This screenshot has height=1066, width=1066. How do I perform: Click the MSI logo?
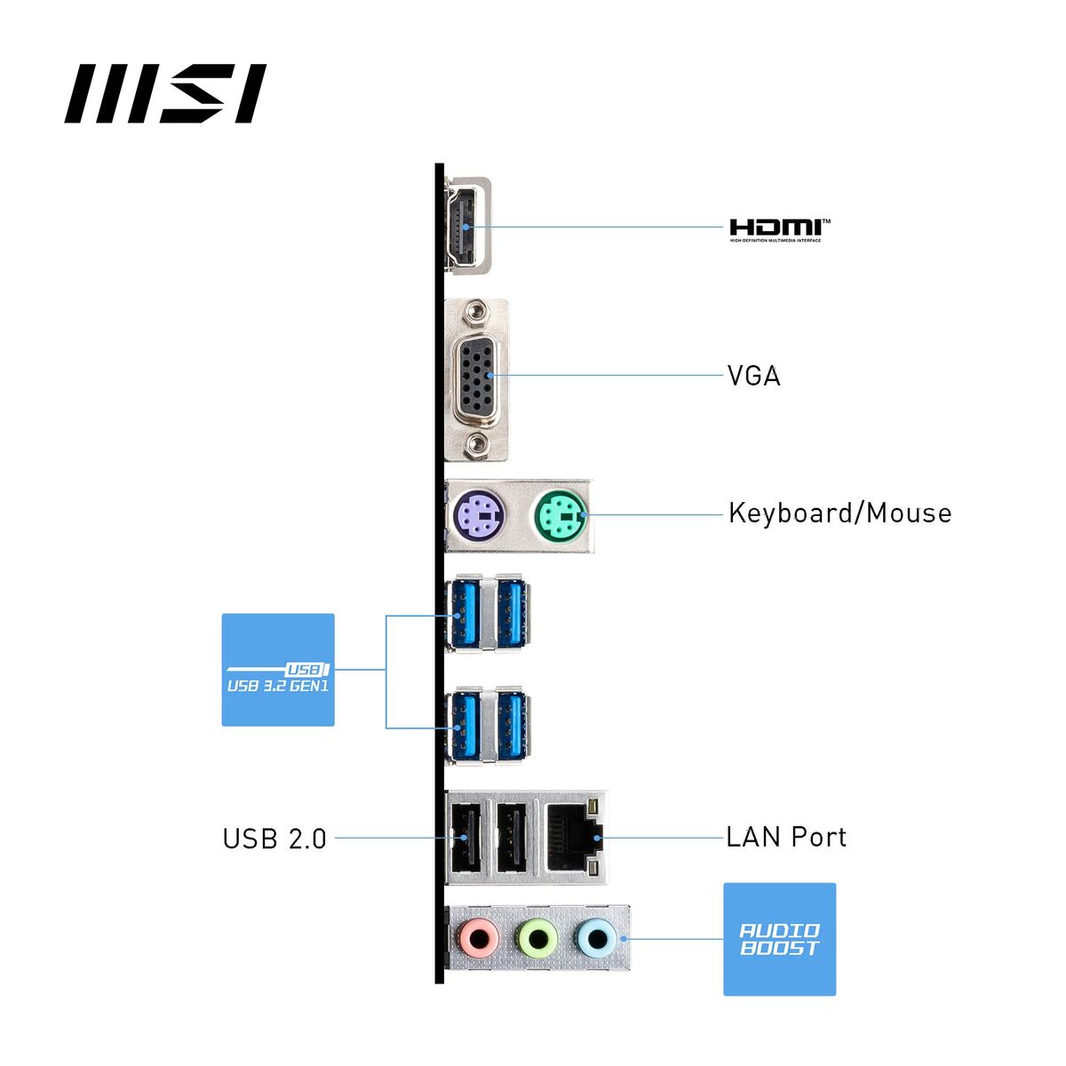coord(165,93)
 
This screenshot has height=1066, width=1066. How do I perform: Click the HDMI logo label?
coord(780,229)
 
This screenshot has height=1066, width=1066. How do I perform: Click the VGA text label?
coord(753,376)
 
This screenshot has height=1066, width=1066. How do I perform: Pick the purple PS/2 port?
coord(478,514)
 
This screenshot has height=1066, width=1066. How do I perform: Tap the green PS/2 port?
coord(560,514)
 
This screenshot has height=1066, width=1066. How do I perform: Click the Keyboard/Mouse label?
coord(839,513)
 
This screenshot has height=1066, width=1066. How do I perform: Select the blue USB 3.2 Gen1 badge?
coord(278,670)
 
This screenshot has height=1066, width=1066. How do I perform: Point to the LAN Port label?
coord(786,837)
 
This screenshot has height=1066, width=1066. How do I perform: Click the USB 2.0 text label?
coord(274,839)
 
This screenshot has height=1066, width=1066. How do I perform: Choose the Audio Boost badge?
coord(779,939)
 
